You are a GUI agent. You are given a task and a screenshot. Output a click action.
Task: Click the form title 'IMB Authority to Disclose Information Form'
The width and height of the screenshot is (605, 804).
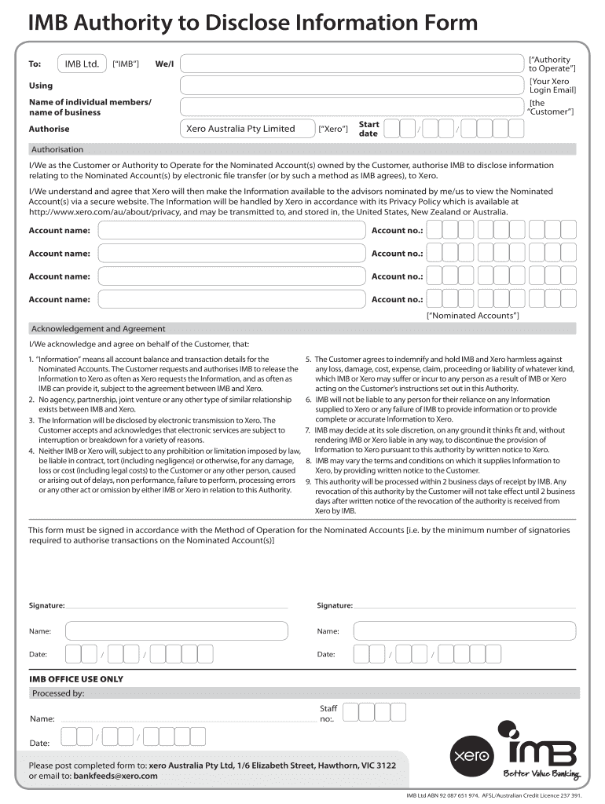point(252,24)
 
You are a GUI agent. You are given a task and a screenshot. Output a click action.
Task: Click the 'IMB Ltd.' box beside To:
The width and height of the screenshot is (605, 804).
point(82,63)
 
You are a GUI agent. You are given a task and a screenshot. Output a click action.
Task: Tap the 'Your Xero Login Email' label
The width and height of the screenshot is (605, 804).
point(552,86)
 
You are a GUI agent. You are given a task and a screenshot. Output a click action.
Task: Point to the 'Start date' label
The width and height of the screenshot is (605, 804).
point(368,129)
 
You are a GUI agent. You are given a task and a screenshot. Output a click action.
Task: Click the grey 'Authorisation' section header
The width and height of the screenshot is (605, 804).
point(57,149)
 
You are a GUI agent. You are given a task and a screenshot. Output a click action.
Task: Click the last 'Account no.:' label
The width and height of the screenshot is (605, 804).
point(397,299)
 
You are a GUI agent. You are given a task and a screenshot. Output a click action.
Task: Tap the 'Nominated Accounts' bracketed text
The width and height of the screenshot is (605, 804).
point(473,315)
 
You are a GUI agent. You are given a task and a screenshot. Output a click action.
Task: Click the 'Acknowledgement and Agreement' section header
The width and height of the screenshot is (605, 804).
point(98,329)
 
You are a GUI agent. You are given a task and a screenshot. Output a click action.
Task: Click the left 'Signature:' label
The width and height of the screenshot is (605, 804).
point(47,605)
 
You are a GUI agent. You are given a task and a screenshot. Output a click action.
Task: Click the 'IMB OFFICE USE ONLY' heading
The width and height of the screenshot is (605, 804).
point(76,679)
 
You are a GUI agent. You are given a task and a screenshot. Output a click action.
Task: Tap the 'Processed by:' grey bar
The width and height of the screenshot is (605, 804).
point(58,693)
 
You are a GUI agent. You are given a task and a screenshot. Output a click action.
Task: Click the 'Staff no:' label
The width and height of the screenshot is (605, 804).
point(328,713)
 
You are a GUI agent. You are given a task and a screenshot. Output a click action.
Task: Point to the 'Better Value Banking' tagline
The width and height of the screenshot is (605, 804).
point(541,774)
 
